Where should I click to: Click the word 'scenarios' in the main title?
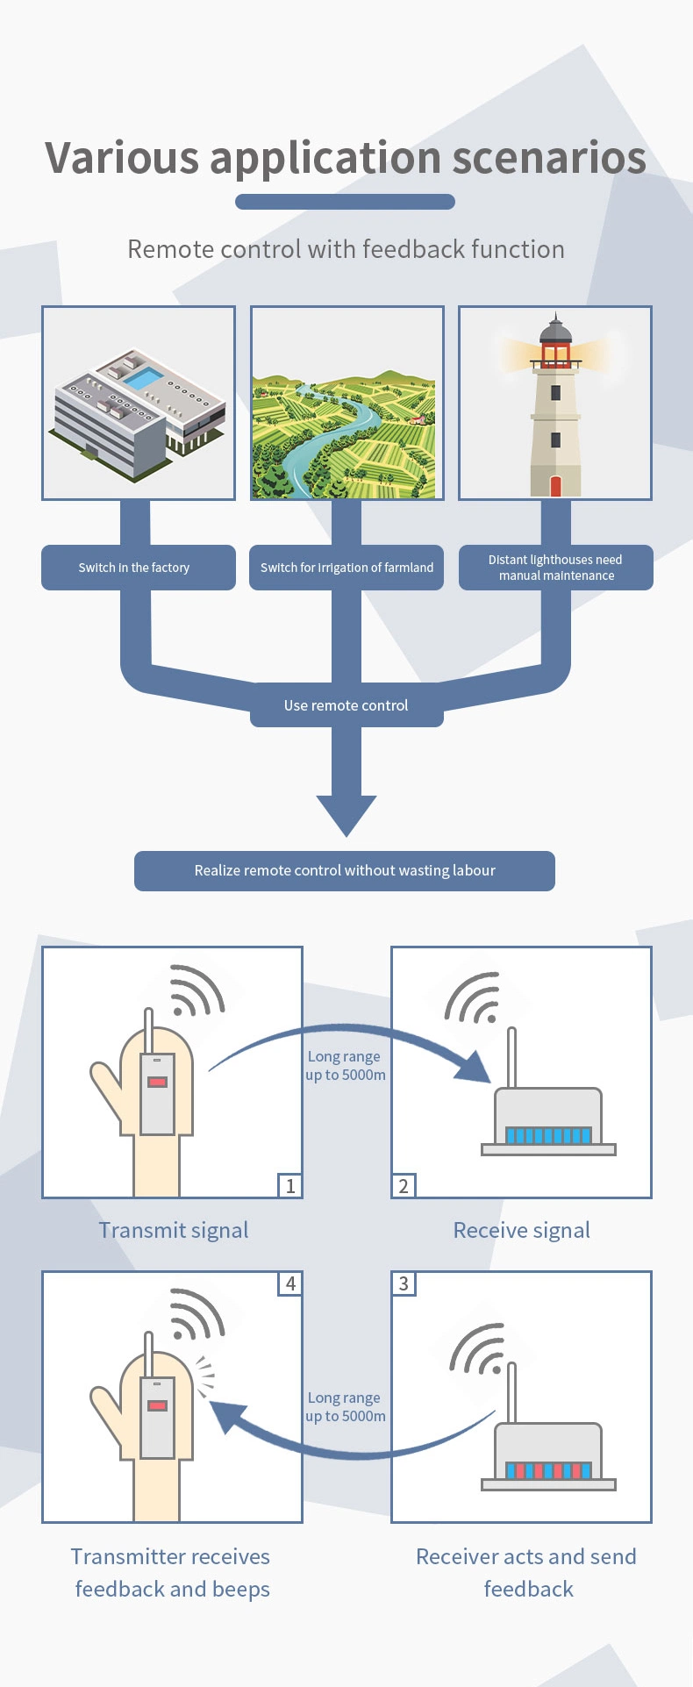click(548, 158)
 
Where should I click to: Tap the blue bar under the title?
click(345, 202)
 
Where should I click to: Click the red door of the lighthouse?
click(555, 486)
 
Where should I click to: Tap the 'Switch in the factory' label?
click(134, 568)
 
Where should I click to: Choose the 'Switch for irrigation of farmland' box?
click(346, 568)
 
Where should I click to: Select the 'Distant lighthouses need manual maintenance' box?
click(555, 568)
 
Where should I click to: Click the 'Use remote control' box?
click(346, 705)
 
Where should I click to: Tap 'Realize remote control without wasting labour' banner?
click(345, 870)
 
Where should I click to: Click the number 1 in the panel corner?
click(290, 1186)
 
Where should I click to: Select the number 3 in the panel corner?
click(404, 1283)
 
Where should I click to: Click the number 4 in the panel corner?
click(290, 1283)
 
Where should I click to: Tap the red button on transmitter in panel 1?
click(158, 1082)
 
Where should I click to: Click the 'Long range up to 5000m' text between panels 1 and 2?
click(345, 1066)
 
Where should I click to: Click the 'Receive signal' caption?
click(521, 1230)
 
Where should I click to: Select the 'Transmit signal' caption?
click(174, 1230)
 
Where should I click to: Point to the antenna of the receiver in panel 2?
click(512, 1057)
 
